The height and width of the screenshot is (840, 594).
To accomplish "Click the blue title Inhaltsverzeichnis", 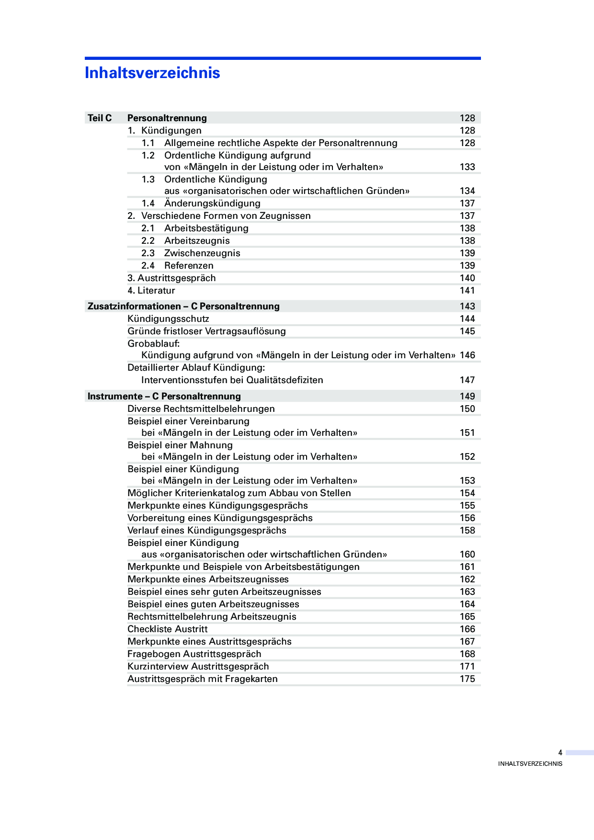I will [x=152, y=73].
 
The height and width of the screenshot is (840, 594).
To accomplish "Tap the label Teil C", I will [x=100, y=118].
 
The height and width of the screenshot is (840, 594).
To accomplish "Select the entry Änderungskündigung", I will [x=212, y=203].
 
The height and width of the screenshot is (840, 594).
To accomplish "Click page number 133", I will [x=467, y=167].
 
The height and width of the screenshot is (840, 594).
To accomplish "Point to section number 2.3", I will [x=148, y=253].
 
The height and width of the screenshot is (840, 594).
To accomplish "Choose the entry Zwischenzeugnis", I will [x=202, y=253].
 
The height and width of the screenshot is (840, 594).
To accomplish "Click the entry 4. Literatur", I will [x=151, y=290].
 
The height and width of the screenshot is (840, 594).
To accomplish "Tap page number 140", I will [x=467, y=278].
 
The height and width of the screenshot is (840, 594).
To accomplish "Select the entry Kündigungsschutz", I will [x=168, y=318].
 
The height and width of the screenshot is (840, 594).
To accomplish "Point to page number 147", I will [x=467, y=380].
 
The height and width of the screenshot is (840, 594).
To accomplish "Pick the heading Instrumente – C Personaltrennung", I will [x=164, y=396].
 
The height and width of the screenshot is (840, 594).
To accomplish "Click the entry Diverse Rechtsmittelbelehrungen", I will [x=201, y=409].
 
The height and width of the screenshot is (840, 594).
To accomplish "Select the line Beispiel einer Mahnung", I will [x=180, y=445].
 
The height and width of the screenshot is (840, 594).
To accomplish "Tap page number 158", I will [x=467, y=530].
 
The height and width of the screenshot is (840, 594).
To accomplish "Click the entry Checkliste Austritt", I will [x=168, y=629].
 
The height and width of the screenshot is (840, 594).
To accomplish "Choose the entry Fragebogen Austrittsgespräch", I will [x=194, y=654].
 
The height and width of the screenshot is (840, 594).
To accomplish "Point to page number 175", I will [x=467, y=679].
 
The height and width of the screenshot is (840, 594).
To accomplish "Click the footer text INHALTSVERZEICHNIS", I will [x=530, y=764].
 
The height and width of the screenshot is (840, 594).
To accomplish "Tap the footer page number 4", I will [x=560, y=753].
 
